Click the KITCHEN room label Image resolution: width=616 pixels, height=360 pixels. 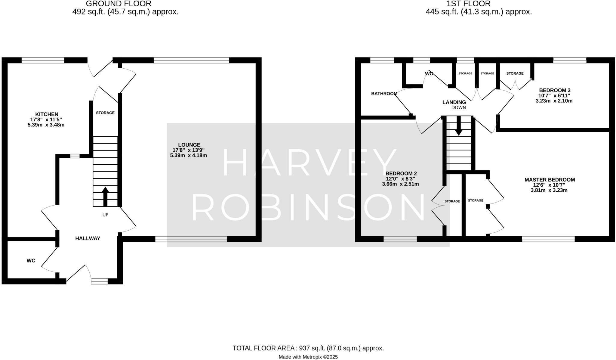pyautogui.click(x=47, y=114)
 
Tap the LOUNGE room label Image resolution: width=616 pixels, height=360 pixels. pyautogui.click(x=189, y=145)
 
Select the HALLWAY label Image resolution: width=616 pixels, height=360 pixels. pyautogui.click(x=88, y=238)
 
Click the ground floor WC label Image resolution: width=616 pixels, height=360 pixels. pyautogui.click(x=31, y=261)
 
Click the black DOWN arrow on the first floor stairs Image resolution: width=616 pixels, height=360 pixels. pyautogui.click(x=459, y=126)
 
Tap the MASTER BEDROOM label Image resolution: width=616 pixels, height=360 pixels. pyautogui.click(x=550, y=180)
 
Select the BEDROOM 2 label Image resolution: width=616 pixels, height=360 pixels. pyautogui.click(x=401, y=173)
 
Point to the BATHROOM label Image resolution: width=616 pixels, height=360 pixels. pyautogui.click(x=384, y=94)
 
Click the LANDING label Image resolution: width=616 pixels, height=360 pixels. pyautogui.click(x=454, y=102)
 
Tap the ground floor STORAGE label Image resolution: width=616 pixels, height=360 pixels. pyautogui.click(x=105, y=113)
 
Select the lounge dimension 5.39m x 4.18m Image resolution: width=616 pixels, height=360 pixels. pyautogui.click(x=189, y=155)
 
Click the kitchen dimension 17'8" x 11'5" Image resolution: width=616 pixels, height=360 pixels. pyautogui.click(x=46, y=119)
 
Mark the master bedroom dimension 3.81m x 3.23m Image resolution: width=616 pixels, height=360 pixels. pyautogui.click(x=549, y=190)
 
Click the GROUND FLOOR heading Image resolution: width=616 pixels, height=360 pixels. pyautogui.click(x=119, y=4)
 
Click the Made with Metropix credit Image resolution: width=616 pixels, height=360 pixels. pyautogui.click(x=308, y=357)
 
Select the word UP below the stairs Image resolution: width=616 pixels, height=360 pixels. pyautogui.click(x=105, y=215)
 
